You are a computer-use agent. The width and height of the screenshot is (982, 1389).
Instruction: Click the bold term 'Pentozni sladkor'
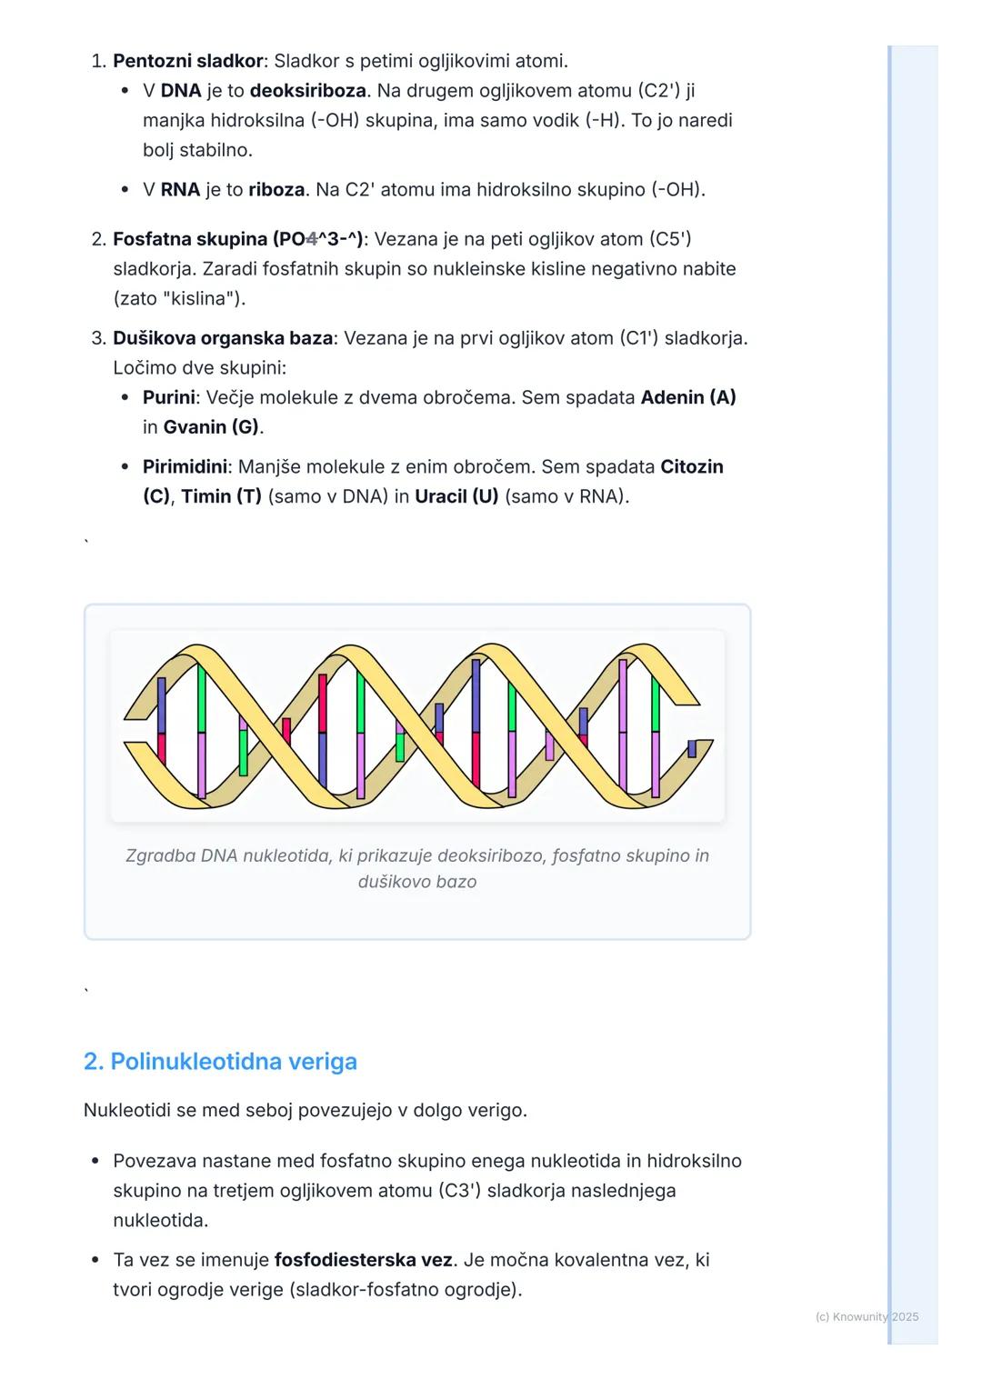(x=187, y=61)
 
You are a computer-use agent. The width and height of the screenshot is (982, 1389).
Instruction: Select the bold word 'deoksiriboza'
(x=307, y=91)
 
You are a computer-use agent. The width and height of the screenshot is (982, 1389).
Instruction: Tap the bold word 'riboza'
(x=276, y=190)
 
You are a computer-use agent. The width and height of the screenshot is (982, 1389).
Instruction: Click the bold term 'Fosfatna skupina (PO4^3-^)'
(x=237, y=239)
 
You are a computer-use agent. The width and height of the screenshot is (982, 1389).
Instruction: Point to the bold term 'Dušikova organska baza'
(x=223, y=338)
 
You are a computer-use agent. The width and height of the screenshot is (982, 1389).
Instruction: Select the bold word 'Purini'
(x=168, y=397)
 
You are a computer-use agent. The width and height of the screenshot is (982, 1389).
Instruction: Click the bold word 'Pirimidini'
(x=185, y=467)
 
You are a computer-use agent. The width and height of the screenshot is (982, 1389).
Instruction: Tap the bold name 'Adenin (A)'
(x=687, y=397)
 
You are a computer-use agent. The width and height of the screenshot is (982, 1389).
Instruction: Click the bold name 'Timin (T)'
(x=221, y=497)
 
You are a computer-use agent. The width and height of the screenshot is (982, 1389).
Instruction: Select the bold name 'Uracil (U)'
(x=456, y=497)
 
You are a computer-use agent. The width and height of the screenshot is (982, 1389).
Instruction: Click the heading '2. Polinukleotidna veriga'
(x=220, y=1062)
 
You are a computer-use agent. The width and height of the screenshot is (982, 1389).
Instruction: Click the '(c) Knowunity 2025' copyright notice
(x=867, y=1316)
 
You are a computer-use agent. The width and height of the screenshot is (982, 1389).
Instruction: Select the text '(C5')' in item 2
(x=669, y=239)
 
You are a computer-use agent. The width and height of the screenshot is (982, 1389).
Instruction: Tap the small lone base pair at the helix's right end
(x=692, y=748)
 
